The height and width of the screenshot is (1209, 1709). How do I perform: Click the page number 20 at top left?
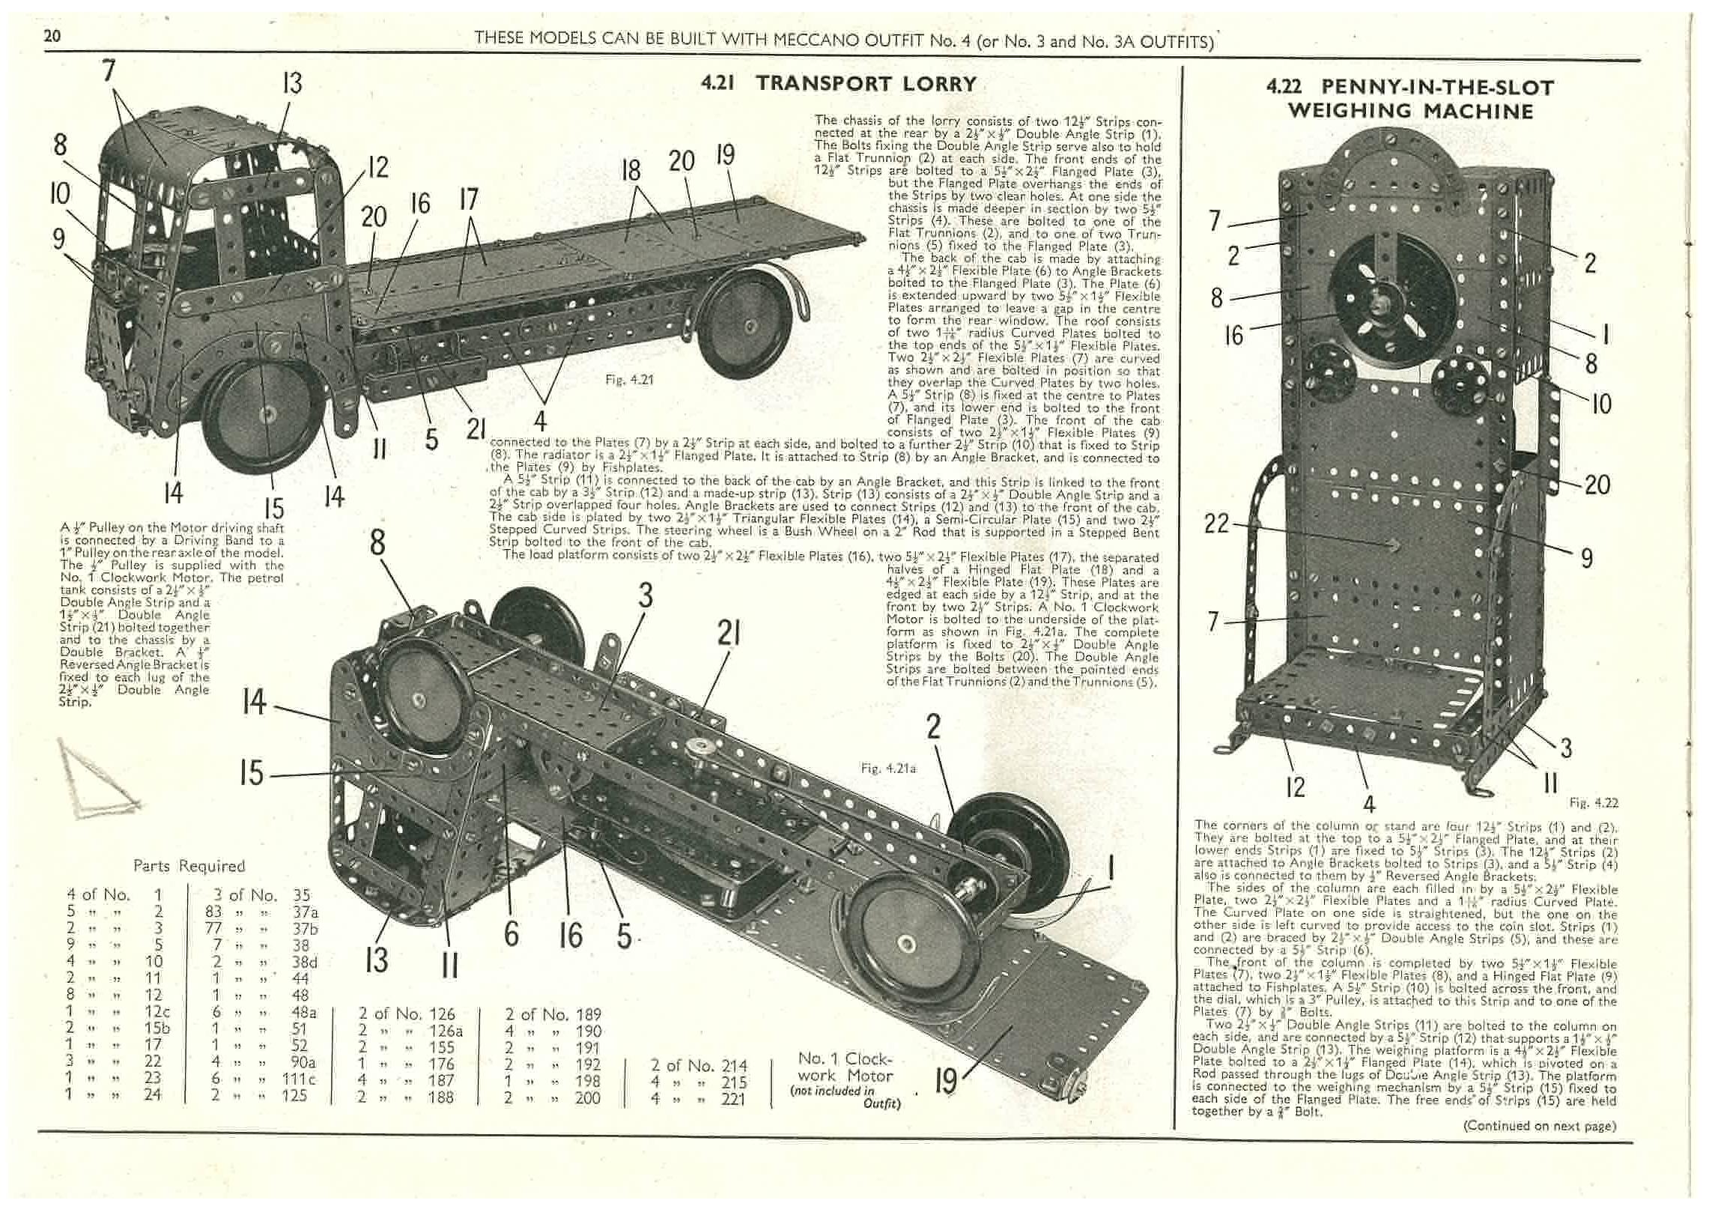52,36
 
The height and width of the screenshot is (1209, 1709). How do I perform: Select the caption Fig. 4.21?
629,380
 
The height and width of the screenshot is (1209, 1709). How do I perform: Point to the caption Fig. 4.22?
1594,803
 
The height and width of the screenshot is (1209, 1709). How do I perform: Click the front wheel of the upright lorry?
266,413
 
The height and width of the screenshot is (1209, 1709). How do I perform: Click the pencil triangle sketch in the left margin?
97,779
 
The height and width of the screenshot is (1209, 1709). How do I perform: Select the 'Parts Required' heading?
189,866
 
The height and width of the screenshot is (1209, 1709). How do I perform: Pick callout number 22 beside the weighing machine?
1216,523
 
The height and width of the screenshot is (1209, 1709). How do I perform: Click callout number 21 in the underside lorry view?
729,634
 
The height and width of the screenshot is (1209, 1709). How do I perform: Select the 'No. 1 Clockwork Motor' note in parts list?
846,1076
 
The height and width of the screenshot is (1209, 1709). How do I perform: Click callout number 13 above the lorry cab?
292,82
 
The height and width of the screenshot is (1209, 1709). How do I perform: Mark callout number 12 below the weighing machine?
1295,786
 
